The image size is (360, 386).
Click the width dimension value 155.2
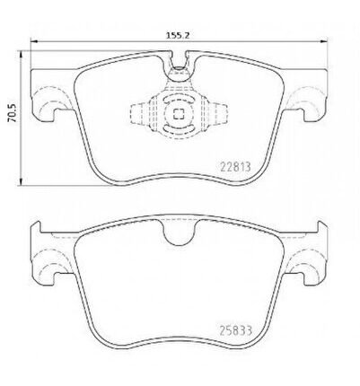[x=178, y=35]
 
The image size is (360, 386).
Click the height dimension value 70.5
[x=13, y=113]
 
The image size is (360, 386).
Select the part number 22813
[x=235, y=167]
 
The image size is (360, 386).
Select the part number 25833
[x=236, y=331]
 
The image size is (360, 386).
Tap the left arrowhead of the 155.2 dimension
[x=34, y=41]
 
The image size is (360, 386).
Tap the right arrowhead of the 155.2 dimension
[x=324, y=41]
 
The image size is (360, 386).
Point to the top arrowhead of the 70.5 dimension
[x=21, y=54]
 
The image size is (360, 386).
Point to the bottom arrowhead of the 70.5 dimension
[x=21, y=182]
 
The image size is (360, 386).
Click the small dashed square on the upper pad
[x=179, y=113]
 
